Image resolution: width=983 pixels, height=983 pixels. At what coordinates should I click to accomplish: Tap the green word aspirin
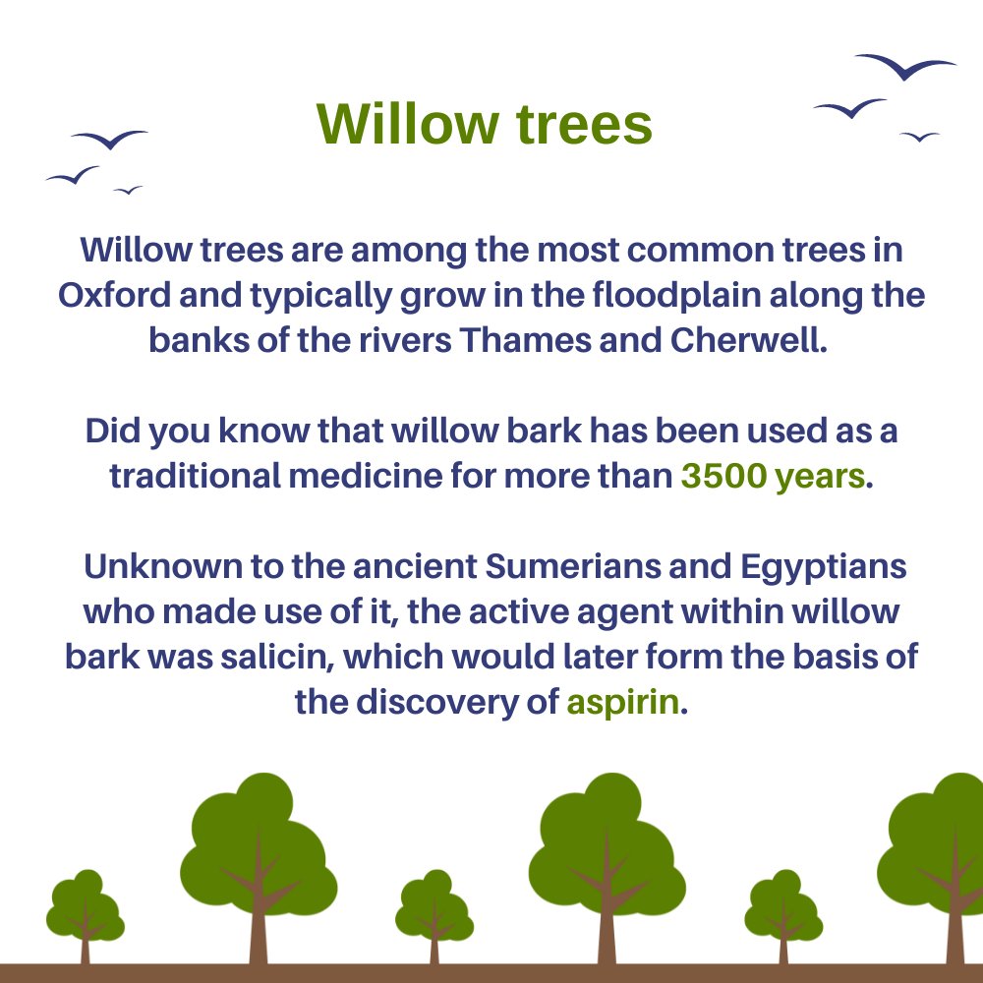(x=622, y=704)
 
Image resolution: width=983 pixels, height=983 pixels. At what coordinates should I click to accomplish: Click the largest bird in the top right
(x=905, y=67)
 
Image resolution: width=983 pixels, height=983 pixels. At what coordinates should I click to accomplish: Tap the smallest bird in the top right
(x=919, y=137)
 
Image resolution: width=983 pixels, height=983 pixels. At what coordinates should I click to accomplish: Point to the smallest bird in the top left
(x=128, y=190)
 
